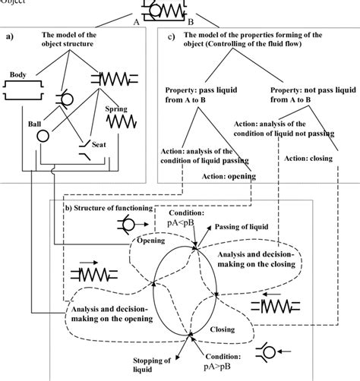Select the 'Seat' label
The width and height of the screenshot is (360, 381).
(x=96, y=143)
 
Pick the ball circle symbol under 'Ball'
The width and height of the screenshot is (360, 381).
(x=43, y=137)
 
